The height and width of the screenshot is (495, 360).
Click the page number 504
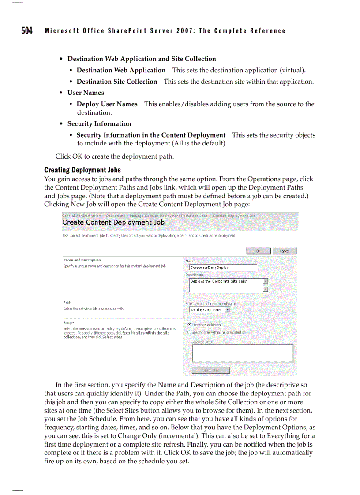27,31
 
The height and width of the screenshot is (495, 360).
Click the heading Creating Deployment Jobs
82,170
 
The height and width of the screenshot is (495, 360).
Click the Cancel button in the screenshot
284,251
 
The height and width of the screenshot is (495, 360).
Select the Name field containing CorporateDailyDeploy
223,267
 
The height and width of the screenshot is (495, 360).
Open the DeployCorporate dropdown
228,310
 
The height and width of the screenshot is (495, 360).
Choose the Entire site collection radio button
189,324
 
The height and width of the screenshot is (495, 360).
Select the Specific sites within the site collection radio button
189,332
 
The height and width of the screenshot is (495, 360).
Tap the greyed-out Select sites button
210,370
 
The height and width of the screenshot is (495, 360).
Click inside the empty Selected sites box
242,353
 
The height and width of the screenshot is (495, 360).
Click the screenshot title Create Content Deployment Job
113,223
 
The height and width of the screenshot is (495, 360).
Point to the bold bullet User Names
86,93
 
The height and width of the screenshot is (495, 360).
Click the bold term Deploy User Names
107,104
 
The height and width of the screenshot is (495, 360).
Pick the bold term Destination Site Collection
117,82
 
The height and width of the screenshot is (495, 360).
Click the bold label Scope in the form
68,323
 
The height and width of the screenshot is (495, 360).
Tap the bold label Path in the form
67,303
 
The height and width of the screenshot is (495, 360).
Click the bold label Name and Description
82,260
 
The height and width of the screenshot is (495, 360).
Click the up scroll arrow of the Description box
266,281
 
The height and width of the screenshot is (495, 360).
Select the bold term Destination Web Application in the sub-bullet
121,70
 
